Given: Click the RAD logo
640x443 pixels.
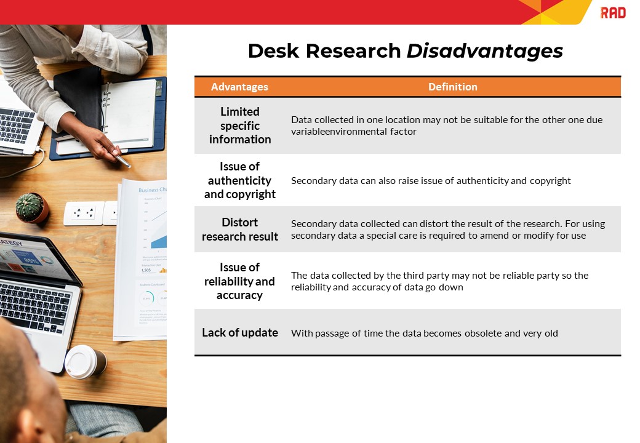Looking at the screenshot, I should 612,12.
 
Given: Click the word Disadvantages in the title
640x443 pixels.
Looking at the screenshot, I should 484,51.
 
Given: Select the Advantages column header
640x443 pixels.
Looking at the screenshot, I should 239,87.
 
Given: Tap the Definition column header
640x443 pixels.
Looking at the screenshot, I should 452,87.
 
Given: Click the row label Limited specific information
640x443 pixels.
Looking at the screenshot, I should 239,126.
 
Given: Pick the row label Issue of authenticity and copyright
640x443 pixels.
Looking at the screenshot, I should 239,180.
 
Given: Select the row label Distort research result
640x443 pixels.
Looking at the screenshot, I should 239,229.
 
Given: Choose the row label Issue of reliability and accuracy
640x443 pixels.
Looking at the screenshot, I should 239,281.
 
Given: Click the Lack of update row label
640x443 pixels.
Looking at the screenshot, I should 239,333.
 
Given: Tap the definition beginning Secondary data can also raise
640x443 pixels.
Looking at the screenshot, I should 431,181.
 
